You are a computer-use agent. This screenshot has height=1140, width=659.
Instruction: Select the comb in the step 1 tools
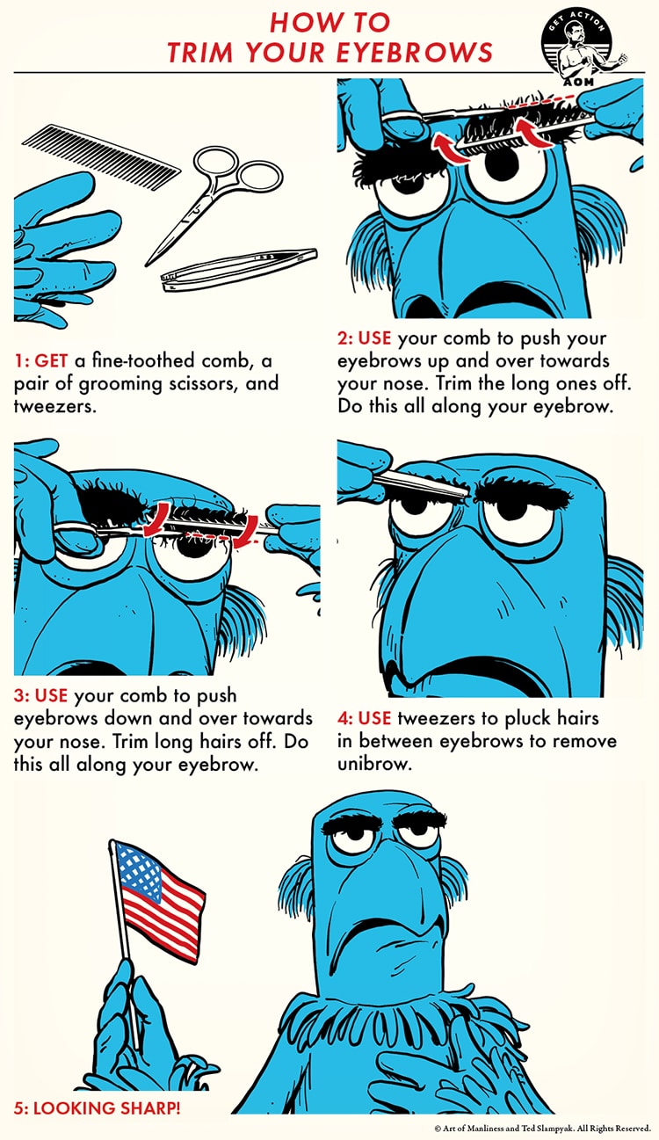[102, 156]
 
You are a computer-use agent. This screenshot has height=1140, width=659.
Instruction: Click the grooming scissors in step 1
[214, 199]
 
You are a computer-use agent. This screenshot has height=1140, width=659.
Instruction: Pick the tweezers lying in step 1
[239, 269]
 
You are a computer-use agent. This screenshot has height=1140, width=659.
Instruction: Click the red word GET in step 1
[51, 361]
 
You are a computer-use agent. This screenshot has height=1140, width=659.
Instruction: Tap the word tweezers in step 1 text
[55, 406]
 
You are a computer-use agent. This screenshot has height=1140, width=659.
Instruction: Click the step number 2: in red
[345, 338]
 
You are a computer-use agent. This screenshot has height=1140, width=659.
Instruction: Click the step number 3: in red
[22, 696]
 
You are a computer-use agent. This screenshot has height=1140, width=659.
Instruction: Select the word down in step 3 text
[129, 718]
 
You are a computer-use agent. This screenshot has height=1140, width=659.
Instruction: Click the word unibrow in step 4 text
[374, 764]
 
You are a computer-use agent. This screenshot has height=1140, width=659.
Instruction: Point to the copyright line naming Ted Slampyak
[543, 1129]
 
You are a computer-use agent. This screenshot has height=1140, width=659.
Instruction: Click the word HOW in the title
[298, 22]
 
